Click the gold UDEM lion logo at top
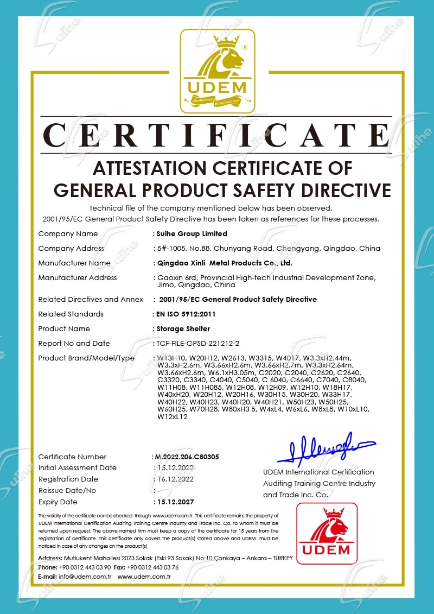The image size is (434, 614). (x=217, y=71)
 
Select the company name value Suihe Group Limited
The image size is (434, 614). (x=192, y=233)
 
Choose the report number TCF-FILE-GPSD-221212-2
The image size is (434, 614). (x=199, y=343)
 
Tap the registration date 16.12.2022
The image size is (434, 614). (x=174, y=479)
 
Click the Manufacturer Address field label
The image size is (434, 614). (x=77, y=277)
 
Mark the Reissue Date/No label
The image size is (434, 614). (x=67, y=490)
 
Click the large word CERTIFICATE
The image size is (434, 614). (x=217, y=136)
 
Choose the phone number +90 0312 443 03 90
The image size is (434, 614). (x=85, y=567)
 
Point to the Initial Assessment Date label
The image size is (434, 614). (x=77, y=467)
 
